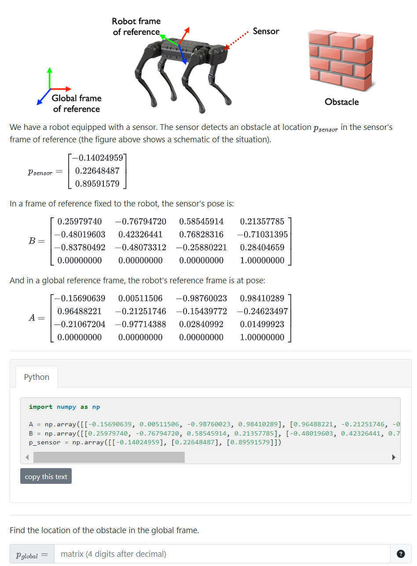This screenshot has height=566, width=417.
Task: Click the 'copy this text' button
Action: pyautogui.click(x=46, y=476)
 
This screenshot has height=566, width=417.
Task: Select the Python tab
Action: pyautogui.click(x=37, y=377)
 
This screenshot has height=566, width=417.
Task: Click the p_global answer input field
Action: pyautogui.click(x=222, y=554)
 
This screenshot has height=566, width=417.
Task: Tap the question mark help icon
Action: pyautogui.click(x=401, y=554)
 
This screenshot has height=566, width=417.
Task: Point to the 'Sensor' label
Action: pyautogui.click(x=266, y=31)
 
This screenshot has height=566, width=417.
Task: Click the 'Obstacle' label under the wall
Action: pyautogui.click(x=341, y=102)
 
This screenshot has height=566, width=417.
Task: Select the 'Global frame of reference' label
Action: pyautogui.click(x=76, y=104)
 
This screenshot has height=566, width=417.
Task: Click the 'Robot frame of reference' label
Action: pyautogui.click(x=136, y=26)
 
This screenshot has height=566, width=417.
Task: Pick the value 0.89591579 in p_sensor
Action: pyautogui.click(x=97, y=184)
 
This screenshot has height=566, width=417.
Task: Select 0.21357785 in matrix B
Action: pyautogui.click(x=262, y=221)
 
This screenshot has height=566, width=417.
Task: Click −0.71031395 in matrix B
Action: pyautogui.click(x=262, y=234)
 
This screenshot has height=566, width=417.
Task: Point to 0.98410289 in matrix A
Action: pyautogui.click(x=262, y=298)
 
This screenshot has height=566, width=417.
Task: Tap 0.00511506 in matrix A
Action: pyautogui.click(x=140, y=298)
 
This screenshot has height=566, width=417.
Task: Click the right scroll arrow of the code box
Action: pyautogui.click(x=394, y=458)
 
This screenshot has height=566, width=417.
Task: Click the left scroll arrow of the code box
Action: pyautogui.click(x=27, y=458)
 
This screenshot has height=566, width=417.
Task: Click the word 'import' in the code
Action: pyautogui.click(x=40, y=407)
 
